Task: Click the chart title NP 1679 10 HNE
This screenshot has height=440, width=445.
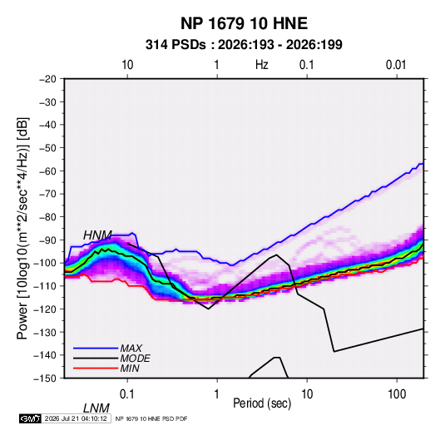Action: pyautogui.click(x=244, y=23)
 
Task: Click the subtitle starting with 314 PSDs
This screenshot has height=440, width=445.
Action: pyautogui.click(x=244, y=45)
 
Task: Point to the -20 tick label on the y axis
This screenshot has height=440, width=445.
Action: pyautogui.click(x=47, y=79)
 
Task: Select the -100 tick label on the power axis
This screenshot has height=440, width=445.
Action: pyautogui.click(x=45, y=263)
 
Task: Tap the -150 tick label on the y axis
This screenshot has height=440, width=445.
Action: pyautogui.click(x=45, y=378)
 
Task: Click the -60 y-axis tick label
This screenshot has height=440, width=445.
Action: pyautogui.click(x=47, y=171)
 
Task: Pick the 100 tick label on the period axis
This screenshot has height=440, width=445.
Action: pyautogui.click(x=397, y=394)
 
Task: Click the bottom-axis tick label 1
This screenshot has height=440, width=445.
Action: pyautogui.click(x=216, y=394)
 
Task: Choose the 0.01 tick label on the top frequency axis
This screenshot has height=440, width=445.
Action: pyautogui.click(x=396, y=65)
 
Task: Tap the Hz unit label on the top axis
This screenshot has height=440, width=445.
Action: pyautogui.click(x=262, y=65)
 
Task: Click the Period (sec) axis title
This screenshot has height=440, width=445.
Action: pyautogui.click(x=262, y=403)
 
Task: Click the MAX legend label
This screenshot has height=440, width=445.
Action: pyautogui.click(x=131, y=348)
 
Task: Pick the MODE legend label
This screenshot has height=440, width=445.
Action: pyautogui.click(x=135, y=358)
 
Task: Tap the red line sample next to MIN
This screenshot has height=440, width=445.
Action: pyautogui.click(x=96, y=368)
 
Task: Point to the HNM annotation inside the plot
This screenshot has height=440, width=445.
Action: pyautogui.click(x=97, y=235)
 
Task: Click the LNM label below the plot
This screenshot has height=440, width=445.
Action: pyautogui.click(x=96, y=408)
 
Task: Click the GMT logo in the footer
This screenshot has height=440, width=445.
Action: pyautogui.click(x=31, y=418)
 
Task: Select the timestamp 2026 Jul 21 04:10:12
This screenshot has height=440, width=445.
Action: pyautogui.click(x=76, y=418)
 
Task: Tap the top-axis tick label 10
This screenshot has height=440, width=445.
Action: pyautogui.click(x=127, y=65)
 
